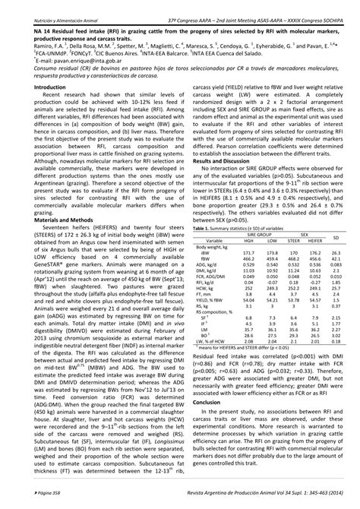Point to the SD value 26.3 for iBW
339,254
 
